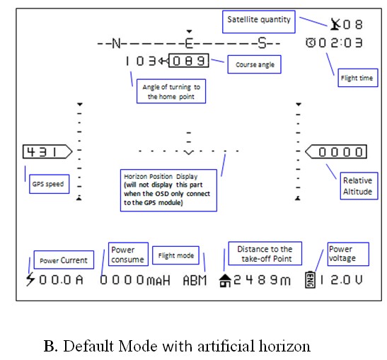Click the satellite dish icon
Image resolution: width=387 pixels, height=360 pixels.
coord(335,24)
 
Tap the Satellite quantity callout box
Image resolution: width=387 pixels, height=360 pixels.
coord(259,22)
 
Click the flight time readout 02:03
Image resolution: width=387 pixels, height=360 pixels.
coord(340,42)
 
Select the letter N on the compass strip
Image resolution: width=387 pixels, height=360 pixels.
coord(116,43)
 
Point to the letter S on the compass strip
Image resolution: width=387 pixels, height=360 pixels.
coord(262,43)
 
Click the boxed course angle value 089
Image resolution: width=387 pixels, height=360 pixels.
coord(189,60)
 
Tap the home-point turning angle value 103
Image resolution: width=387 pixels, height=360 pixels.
coord(141,61)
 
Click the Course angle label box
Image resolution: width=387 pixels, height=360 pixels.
coord(254,64)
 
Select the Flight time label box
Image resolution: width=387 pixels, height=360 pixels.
coord(357,78)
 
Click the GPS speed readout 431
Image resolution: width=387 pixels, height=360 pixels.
coord(42,152)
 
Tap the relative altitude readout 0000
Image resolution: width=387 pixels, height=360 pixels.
coord(340,152)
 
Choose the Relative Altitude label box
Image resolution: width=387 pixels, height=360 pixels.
coord(359,186)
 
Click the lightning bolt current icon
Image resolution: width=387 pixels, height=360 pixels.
coord(30,279)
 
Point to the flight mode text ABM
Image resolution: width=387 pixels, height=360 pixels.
coord(195,280)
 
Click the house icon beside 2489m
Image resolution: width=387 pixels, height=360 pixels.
coord(225,281)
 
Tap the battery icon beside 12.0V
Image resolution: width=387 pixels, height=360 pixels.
coord(311,280)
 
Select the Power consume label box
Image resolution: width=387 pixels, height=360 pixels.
coord(128,254)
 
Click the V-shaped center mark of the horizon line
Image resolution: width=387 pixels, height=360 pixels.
coord(189,153)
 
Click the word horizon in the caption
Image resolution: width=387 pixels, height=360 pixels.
coord(284,346)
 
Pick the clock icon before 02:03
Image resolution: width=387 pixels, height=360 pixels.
coord(311,42)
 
